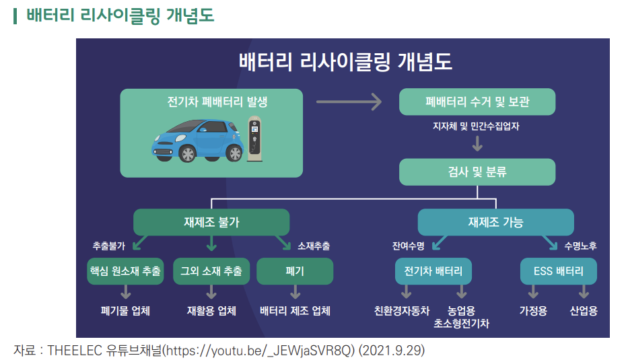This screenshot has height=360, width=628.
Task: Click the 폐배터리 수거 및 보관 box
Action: click(477, 102)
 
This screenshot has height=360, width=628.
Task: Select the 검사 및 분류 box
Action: click(477, 172)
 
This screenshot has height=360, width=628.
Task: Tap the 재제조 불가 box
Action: click(211, 222)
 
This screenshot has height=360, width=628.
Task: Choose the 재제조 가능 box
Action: click(495, 222)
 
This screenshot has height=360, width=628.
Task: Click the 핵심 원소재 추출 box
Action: click(125, 271)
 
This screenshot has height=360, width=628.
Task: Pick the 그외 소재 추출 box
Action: click(211, 271)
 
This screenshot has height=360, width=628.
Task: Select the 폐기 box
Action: click(295, 271)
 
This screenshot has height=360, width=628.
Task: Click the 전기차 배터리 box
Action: click(433, 271)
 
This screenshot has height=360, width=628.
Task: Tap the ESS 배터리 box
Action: click(559, 271)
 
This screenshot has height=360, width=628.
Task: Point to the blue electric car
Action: click(197, 140)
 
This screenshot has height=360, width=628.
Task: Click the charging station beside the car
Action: click(254, 139)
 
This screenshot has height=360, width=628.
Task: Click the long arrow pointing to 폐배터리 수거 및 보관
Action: click(349, 102)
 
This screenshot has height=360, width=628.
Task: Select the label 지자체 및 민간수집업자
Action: click(477, 126)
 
